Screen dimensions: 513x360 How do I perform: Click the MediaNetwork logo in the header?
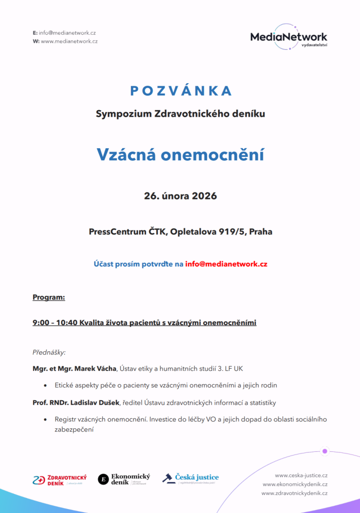click(x=288, y=37)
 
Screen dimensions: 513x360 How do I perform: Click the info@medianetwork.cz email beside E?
click(x=67, y=33)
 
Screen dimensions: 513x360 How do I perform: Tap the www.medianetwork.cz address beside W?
click(x=69, y=41)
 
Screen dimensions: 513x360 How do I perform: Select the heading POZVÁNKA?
click(x=181, y=91)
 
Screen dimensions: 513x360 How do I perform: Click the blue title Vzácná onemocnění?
click(x=181, y=155)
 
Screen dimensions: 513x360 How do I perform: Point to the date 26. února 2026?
click(x=181, y=196)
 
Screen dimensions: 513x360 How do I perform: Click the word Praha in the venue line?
click(x=261, y=232)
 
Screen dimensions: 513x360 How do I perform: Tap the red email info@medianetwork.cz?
click(x=226, y=264)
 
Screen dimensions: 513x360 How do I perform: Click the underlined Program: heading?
click(x=49, y=298)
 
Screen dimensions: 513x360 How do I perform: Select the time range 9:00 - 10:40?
click(x=55, y=323)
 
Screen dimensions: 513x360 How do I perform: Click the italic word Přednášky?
click(x=49, y=352)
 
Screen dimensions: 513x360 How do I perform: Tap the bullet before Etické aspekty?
click(x=45, y=386)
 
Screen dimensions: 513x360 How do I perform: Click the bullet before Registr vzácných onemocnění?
click(x=45, y=419)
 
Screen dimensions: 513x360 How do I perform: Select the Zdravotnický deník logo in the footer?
click(x=60, y=479)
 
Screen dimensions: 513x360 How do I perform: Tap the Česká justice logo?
click(x=191, y=478)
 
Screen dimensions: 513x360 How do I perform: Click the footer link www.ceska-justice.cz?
click(x=301, y=475)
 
